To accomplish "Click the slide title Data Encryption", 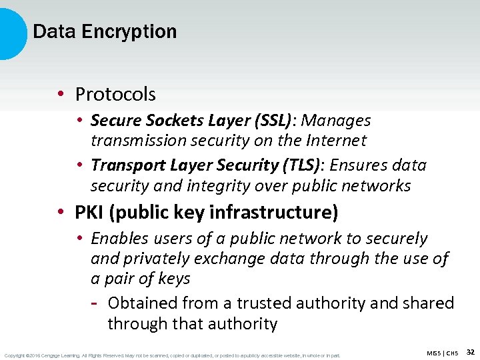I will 105,31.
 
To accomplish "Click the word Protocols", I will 115,95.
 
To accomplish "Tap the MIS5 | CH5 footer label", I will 443,353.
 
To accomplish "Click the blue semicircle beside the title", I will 12,32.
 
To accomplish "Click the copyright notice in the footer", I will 172,355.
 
